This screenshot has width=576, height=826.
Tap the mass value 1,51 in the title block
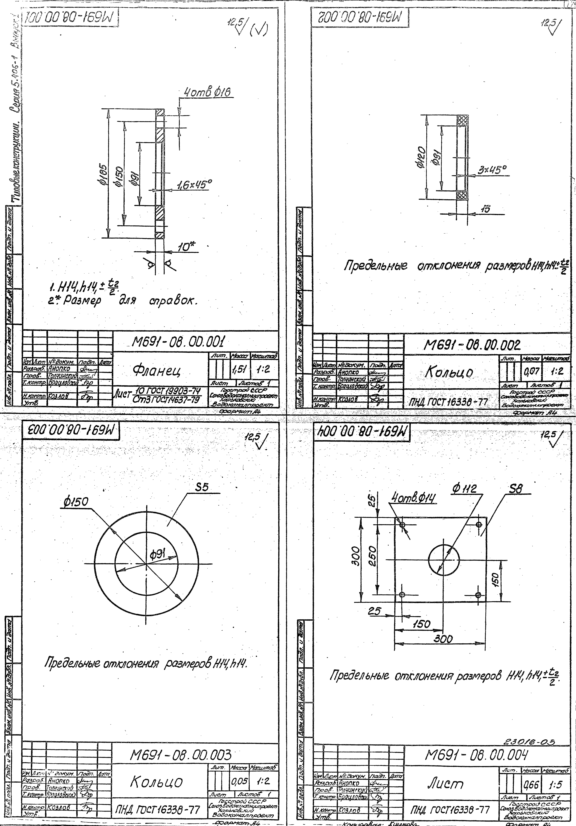pyautogui.click(x=237, y=369)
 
